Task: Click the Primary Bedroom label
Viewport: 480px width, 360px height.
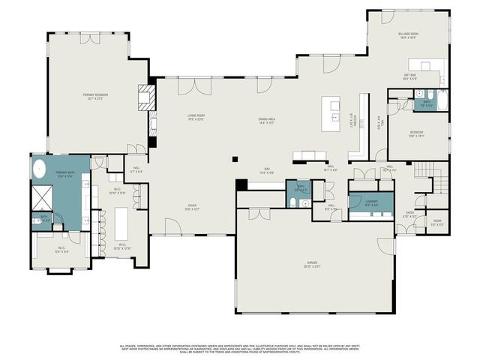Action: (96, 96)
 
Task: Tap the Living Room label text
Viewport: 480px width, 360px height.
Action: (196, 117)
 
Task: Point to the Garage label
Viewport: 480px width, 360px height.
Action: (311, 265)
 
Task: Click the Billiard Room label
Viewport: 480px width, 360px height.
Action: (409, 35)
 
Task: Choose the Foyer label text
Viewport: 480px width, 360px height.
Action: (193, 208)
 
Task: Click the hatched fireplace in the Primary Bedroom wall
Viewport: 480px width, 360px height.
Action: (145, 95)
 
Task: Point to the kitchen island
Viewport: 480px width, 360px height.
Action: (331, 113)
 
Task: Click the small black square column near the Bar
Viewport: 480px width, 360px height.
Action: (235, 158)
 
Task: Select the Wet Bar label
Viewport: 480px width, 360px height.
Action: (411, 76)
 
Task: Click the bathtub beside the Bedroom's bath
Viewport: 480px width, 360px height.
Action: (441, 100)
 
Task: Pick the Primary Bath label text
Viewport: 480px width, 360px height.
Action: (64, 175)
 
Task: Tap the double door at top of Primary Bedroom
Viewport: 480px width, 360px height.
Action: (90, 37)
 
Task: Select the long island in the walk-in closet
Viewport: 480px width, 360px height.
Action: (121, 223)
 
